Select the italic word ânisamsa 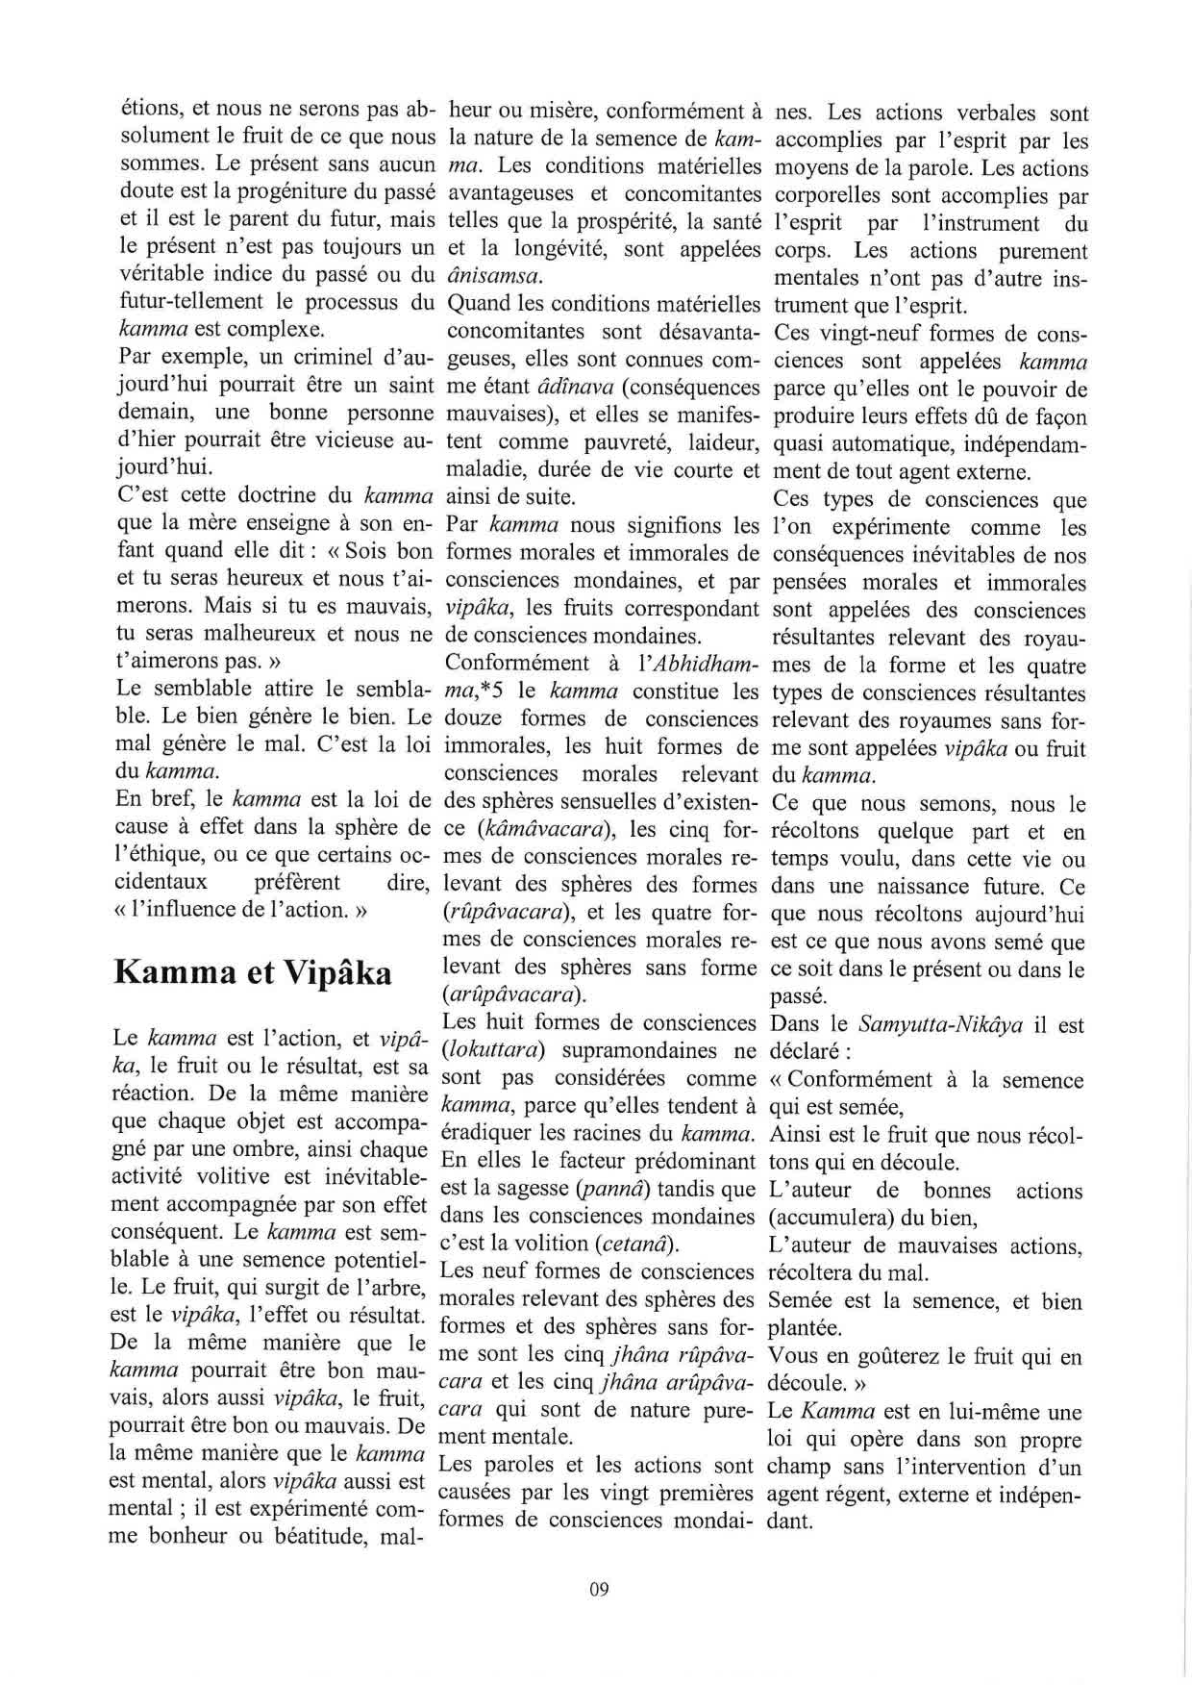click(x=493, y=277)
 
